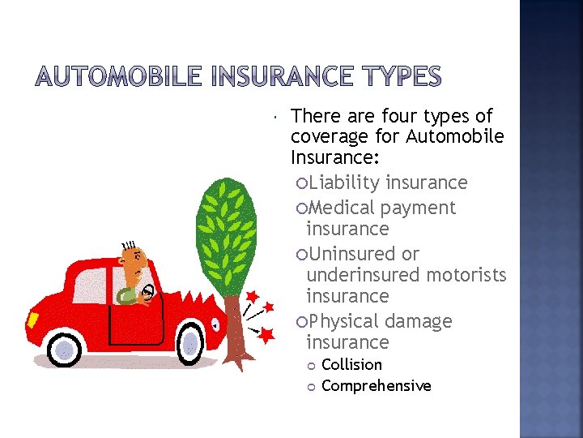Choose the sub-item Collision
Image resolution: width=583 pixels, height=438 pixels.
pos(351,365)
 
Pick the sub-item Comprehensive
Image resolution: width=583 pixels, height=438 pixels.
pos(377,386)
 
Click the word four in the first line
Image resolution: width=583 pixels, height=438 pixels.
pos(394,117)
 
